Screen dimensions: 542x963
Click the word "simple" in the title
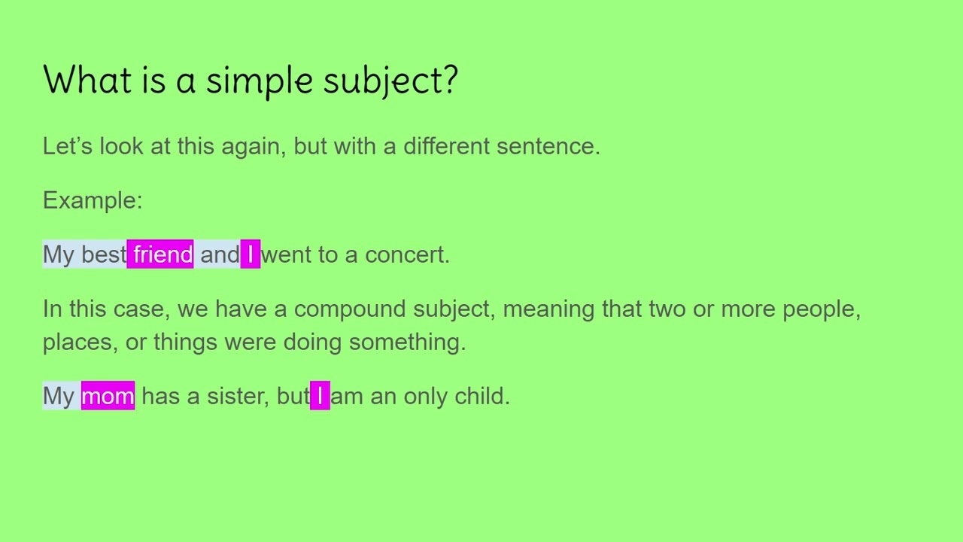(259, 80)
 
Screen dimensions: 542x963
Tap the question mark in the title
(450, 80)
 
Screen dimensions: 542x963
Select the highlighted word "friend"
(163, 254)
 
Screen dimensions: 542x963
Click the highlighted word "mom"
(108, 396)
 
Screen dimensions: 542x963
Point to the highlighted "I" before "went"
(251, 254)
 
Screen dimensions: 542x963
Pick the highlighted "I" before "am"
(320, 396)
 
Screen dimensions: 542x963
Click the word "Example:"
(93, 200)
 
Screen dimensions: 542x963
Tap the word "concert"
(405, 254)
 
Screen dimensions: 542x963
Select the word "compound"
(350, 309)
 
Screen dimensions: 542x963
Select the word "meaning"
(548, 309)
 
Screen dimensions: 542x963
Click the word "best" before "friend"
(104, 254)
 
